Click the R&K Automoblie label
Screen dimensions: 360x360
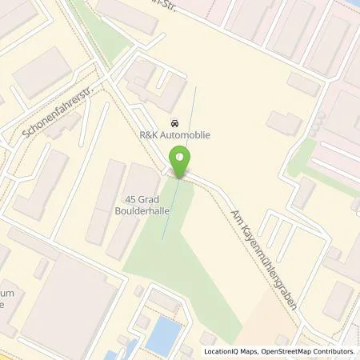coord(175,136)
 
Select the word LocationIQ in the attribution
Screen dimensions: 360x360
coord(222,351)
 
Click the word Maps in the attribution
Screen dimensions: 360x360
coord(250,351)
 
